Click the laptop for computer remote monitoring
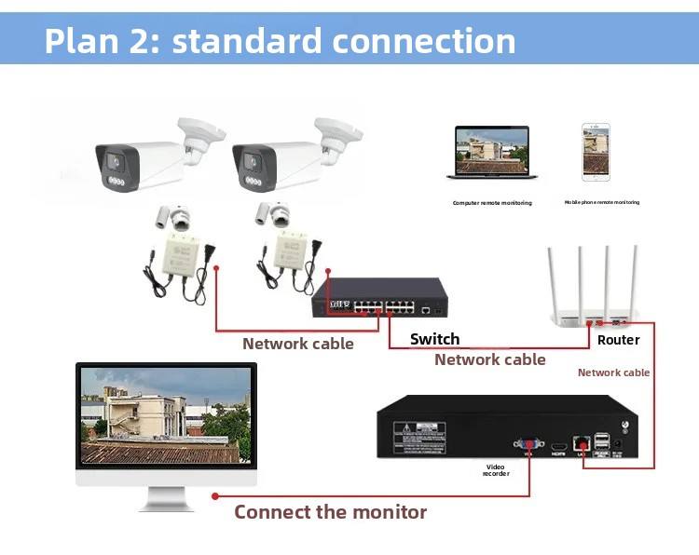pyautogui.click(x=490, y=153)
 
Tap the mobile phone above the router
pyautogui.click(x=596, y=153)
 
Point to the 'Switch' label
pyautogui.click(x=434, y=339)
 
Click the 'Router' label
pyautogui.click(x=619, y=340)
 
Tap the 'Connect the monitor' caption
pyautogui.click(x=330, y=512)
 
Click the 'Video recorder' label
pyautogui.click(x=496, y=470)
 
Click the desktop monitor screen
pyautogui.click(x=166, y=416)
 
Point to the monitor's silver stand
pyautogui.click(x=166, y=499)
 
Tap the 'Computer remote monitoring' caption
pyautogui.click(x=492, y=203)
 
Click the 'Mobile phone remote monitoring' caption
pyautogui.click(x=602, y=202)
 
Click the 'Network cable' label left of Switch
pyautogui.click(x=298, y=344)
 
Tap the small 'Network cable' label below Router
pyautogui.click(x=613, y=372)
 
